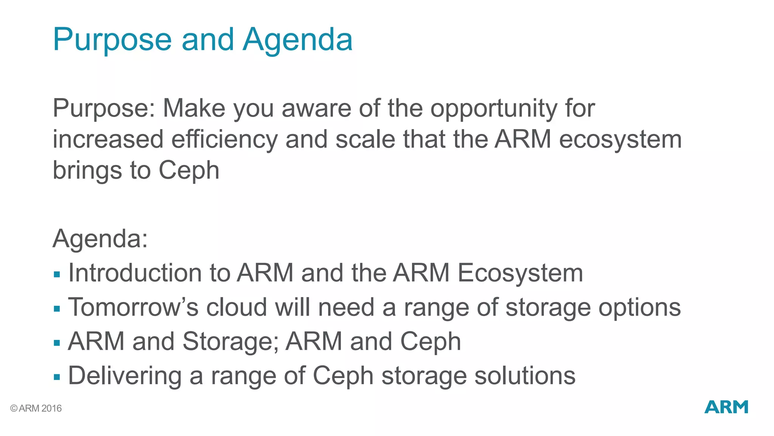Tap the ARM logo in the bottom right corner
726,407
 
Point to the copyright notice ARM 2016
36,408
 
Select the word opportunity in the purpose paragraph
494,109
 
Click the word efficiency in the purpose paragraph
224,140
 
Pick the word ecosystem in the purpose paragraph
620,140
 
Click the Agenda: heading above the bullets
100,239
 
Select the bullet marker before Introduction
57,274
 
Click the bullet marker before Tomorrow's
57,309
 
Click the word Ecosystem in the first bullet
520,273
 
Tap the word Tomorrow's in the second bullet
133,307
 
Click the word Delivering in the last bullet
125,376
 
